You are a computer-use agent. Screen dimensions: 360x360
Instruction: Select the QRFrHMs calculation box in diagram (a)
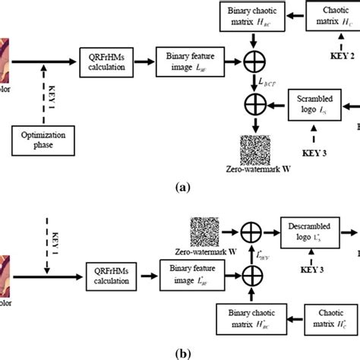coord(106,57)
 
